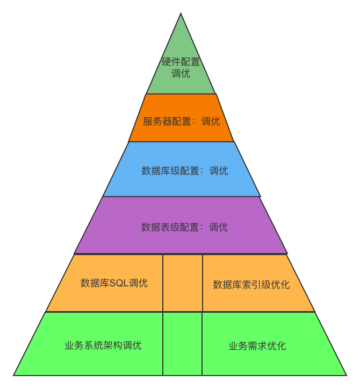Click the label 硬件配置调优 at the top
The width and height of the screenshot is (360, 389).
(181, 68)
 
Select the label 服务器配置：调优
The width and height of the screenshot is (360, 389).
(181, 121)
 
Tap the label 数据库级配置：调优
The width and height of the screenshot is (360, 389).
(184, 171)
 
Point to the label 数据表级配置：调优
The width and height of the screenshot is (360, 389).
(184, 227)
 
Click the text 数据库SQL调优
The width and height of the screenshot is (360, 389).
(114, 283)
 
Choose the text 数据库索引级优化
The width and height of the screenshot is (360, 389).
(251, 285)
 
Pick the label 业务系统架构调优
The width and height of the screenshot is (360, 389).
(103, 345)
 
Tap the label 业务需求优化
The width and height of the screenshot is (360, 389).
(257, 346)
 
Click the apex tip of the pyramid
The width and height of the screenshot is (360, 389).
(181, 14)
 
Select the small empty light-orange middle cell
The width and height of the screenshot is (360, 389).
(183, 283)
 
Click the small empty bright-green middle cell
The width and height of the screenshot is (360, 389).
(182, 344)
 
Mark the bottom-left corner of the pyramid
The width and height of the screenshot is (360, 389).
(15, 374)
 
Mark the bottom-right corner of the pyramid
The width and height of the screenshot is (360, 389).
(346, 374)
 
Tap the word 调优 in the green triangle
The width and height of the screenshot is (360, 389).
(181, 74)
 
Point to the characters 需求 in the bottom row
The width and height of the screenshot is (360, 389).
(257, 346)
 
